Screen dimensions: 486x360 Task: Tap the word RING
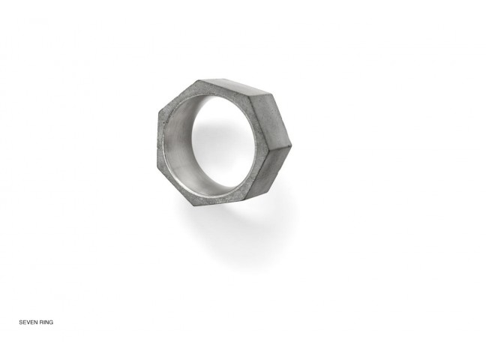[x=46, y=322]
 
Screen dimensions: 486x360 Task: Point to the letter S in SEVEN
[x=21, y=322]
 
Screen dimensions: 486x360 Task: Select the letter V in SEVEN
[x=28, y=322]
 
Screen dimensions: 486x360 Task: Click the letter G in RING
[x=51, y=322]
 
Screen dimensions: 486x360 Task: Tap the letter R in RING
[x=41, y=322]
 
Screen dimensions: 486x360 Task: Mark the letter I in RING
[x=44, y=322]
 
